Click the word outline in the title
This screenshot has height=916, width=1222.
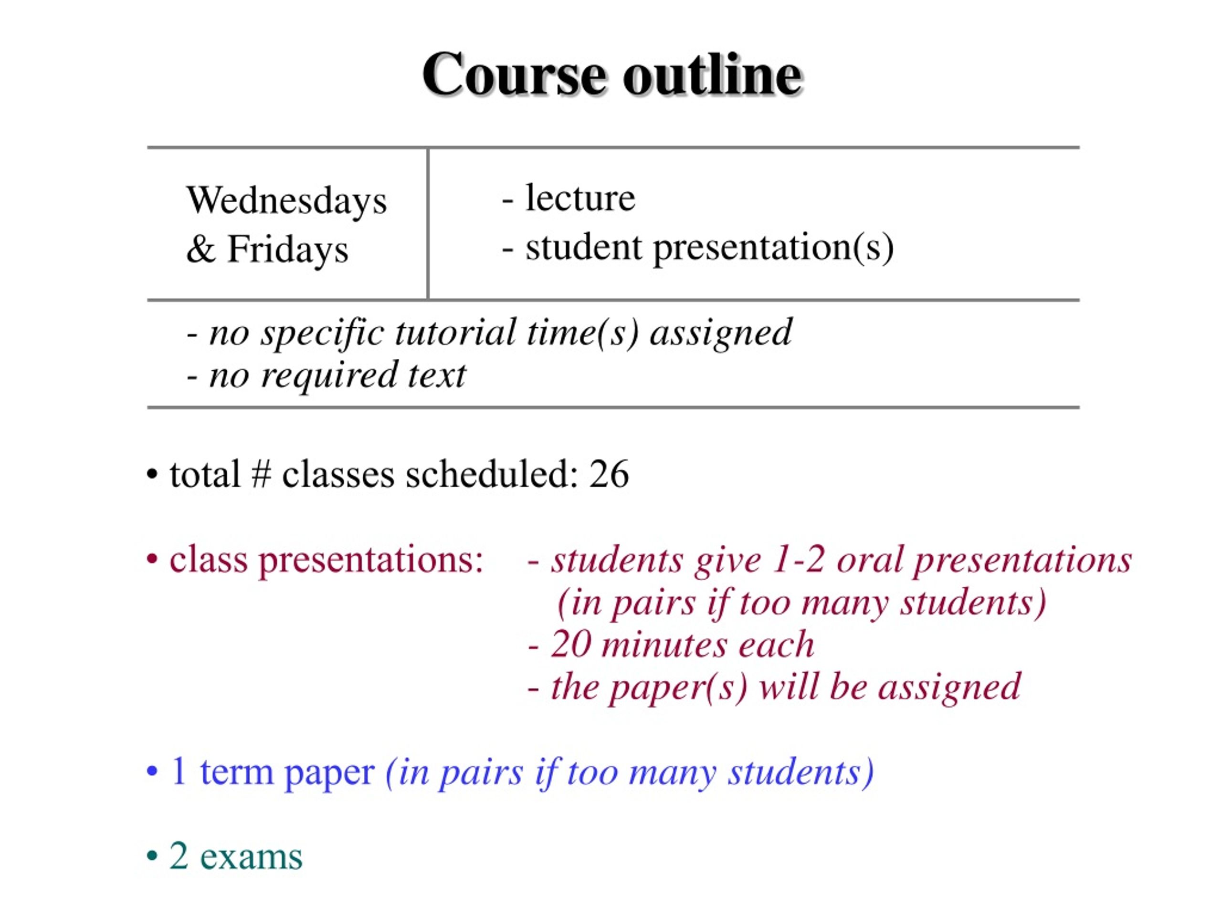point(713,74)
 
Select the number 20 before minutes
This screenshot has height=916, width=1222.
point(571,644)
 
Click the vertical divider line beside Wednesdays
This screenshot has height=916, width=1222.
point(428,224)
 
